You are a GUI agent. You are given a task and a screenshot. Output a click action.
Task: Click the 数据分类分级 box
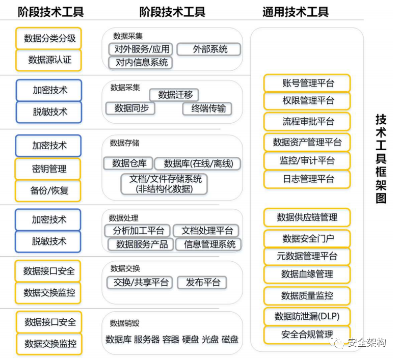click(49, 38)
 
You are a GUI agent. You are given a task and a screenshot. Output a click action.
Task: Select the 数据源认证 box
click(49, 60)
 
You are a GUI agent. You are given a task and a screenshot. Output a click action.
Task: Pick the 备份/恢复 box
click(49, 191)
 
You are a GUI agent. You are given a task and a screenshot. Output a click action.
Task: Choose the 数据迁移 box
click(174, 95)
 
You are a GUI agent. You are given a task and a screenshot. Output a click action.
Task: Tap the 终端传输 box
click(207, 108)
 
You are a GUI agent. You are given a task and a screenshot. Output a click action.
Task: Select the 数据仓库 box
click(129, 163)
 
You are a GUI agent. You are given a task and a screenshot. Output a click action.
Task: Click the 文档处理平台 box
click(207, 231)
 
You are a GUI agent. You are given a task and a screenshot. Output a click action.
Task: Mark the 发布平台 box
click(202, 283)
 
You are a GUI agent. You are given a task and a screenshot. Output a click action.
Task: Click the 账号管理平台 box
click(308, 83)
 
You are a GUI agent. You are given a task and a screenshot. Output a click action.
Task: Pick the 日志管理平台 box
click(308, 179)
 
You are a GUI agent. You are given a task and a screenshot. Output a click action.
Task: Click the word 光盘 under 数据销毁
click(210, 339)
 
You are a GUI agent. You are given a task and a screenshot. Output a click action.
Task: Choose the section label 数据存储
click(124, 143)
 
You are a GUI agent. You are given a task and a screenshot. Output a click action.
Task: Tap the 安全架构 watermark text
click(366, 343)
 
